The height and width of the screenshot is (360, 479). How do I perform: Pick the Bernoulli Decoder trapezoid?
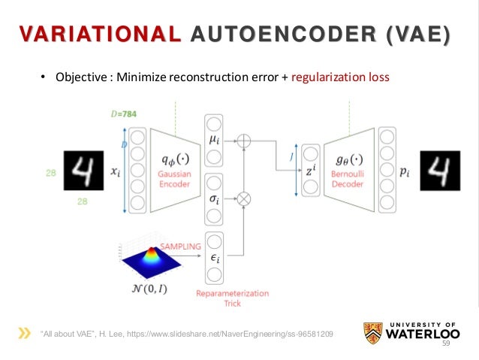coord(349,171)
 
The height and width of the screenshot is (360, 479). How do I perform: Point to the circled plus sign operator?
coord(243,141)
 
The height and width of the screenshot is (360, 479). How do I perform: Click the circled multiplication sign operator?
coord(243,199)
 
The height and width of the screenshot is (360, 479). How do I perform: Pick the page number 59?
coord(444,343)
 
